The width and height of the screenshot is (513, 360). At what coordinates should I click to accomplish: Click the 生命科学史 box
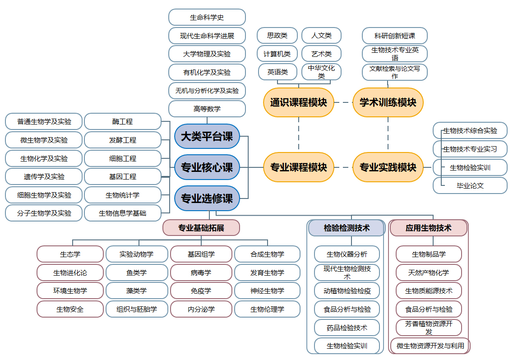click(207, 17)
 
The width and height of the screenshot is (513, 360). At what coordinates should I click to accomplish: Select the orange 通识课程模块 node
click(298, 102)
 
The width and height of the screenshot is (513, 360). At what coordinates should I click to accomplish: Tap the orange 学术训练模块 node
click(388, 102)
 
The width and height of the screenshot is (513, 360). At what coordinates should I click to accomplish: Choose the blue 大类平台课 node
click(207, 136)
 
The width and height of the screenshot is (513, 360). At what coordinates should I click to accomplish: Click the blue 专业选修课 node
click(207, 198)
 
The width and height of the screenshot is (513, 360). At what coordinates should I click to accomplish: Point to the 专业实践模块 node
click(388, 167)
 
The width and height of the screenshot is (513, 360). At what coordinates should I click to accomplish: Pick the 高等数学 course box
click(207, 109)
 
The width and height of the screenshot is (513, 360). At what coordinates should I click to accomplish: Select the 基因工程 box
click(123, 177)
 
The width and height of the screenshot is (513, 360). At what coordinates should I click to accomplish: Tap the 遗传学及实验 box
click(44, 177)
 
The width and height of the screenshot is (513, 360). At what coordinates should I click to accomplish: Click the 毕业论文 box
click(470, 185)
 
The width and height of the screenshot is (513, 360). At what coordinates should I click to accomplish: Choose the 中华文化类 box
click(321, 72)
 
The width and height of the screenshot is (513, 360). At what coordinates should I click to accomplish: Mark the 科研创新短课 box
click(395, 36)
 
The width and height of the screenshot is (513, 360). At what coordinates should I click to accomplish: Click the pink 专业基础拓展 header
click(201, 228)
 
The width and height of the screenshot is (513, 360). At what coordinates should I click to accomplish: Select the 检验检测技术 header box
click(347, 228)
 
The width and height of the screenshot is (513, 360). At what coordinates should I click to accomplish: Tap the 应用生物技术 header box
click(429, 228)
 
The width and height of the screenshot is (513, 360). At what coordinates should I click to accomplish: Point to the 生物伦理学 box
click(267, 309)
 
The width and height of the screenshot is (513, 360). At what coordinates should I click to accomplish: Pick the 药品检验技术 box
click(347, 328)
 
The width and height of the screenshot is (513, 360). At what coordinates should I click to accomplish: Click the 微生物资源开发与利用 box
click(430, 346)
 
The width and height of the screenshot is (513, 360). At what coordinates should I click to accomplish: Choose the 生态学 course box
click(70, 254)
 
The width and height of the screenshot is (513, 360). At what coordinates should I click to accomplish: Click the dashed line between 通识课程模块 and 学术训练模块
click(343, 102)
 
